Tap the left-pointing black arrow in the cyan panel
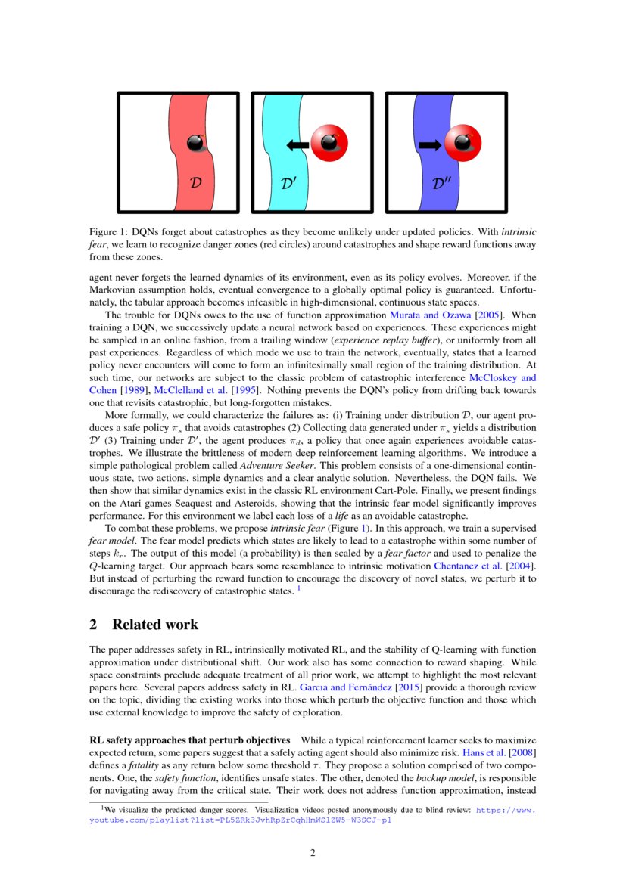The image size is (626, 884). click(x=297, y=144)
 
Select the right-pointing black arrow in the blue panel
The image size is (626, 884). click(x=429, y=144)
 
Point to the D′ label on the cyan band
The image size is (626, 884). click(x=289, y=182)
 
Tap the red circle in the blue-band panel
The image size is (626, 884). click(x=462, y=143)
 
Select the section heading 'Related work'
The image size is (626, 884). click(x=155, y=625)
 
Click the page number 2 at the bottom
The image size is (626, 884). click(x=312, y=854)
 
